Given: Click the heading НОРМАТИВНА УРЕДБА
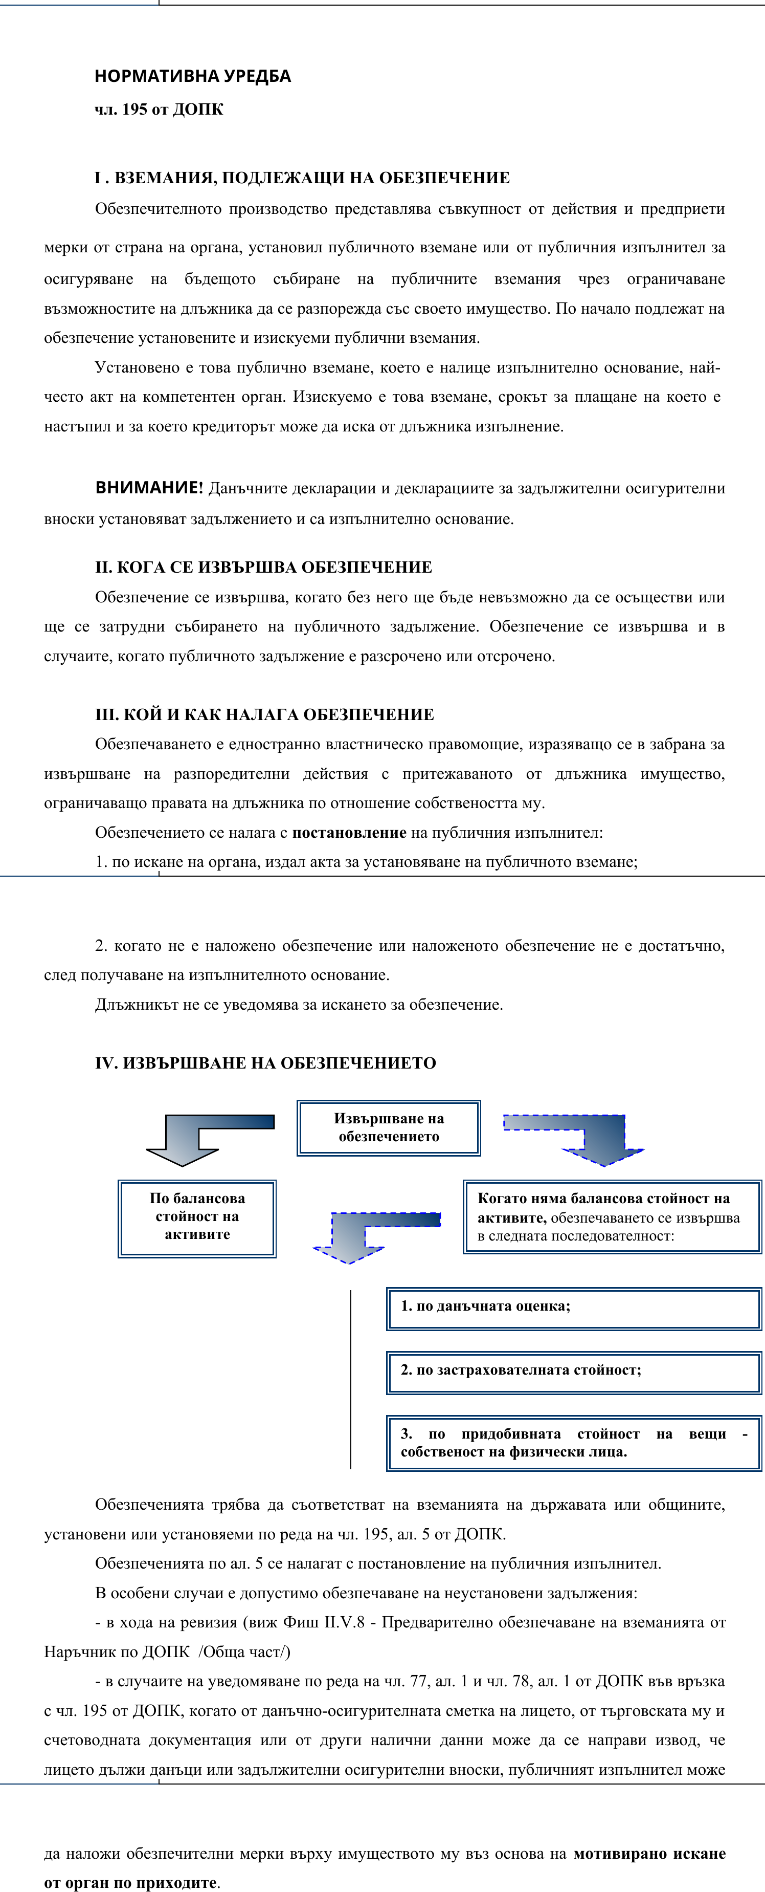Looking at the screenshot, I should (x=192, y=76).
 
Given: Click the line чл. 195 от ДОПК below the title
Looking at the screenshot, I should (x=159, y=110).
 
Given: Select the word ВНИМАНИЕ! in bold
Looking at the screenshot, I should (x=148, y=488).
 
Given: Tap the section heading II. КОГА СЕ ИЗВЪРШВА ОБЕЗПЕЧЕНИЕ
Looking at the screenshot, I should (x=263, y=567).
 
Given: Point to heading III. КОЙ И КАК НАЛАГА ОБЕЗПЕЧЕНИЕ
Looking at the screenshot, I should (x=264, y=714).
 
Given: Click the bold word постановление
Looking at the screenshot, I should (x=349, y=832).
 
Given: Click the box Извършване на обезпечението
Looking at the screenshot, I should (x=388, y=1127).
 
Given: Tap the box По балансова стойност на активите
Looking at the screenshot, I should (x=197, y=1219).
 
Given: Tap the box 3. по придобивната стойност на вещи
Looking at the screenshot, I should (x=573, y=1443).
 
